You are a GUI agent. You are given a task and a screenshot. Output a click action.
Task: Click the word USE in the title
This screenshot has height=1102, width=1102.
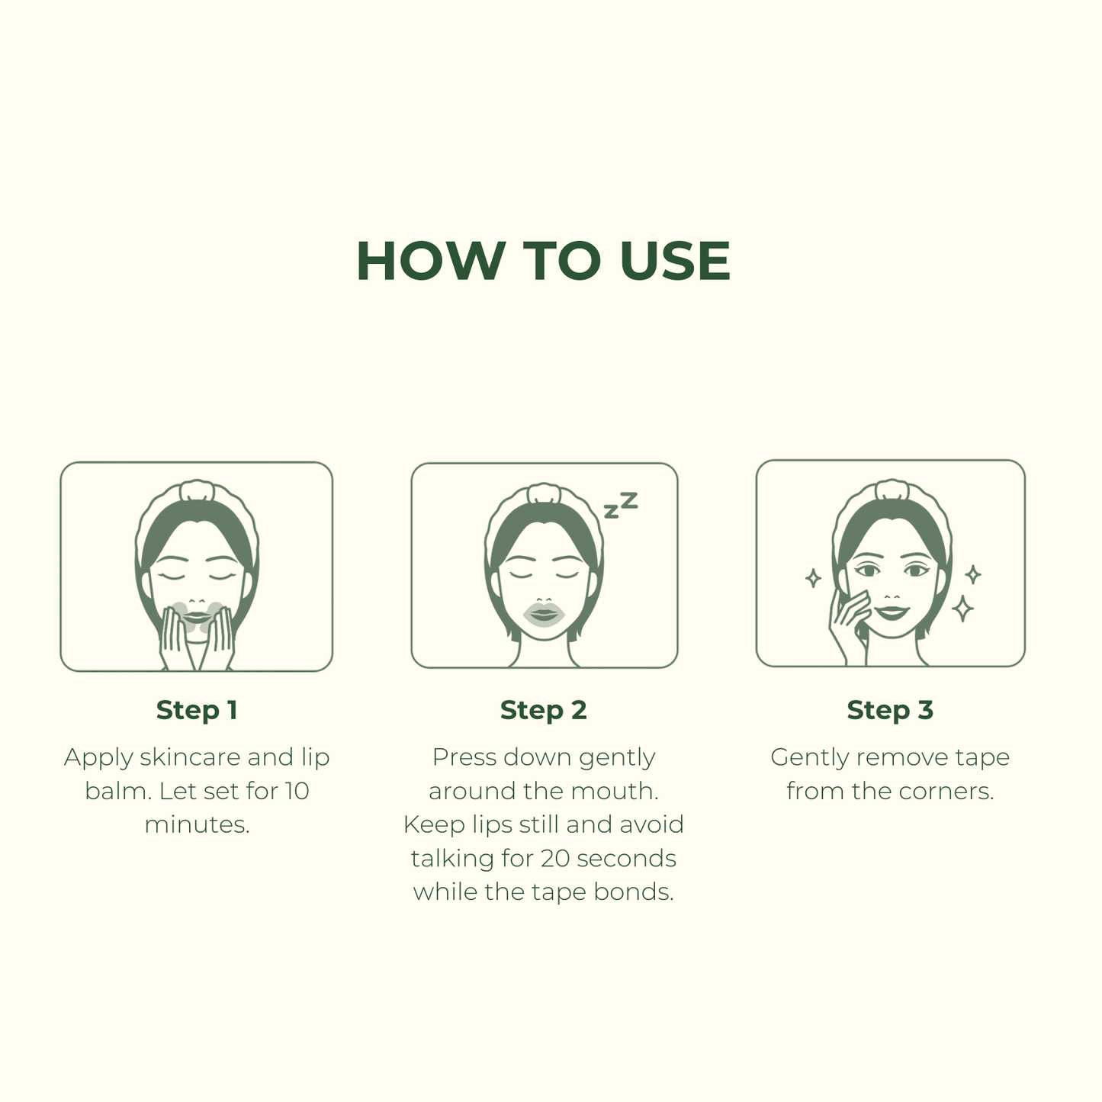(675, 261)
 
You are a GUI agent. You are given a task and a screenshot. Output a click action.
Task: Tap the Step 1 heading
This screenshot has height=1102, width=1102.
(197, 710)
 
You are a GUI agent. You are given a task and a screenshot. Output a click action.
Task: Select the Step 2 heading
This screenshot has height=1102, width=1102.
(543, 710)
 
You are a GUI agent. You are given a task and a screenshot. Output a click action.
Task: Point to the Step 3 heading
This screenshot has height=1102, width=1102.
(890, 710)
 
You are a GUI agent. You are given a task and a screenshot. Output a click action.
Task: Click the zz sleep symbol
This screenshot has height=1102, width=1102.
(621, 505)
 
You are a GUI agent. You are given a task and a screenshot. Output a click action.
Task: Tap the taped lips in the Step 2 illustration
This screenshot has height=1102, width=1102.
(544, 614)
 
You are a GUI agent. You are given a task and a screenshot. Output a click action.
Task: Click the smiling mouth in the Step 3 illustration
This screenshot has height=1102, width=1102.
(892, 612)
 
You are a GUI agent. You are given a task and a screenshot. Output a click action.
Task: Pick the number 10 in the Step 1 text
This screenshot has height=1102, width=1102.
(297, 791)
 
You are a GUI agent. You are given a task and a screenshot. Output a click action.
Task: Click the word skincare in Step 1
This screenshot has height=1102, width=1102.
(191, 757)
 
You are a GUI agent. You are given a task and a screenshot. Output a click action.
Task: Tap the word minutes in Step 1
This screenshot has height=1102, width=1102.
(198, 824)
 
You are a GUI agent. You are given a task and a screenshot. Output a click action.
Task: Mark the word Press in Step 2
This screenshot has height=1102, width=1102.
(464, 757)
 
